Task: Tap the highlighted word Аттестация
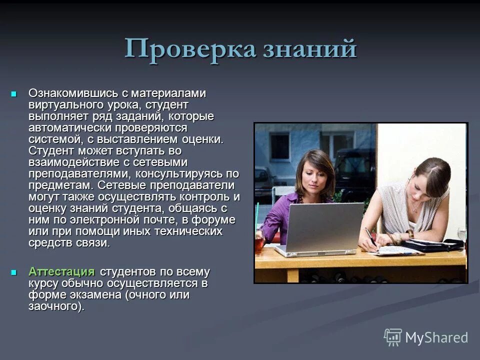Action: point(61,272)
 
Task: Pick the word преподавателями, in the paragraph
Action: point(79,173)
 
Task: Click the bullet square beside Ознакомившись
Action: point(14,93)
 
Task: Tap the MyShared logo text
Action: point(436,337)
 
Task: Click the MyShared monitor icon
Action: point(393,337)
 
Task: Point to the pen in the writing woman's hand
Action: point(370,236)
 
